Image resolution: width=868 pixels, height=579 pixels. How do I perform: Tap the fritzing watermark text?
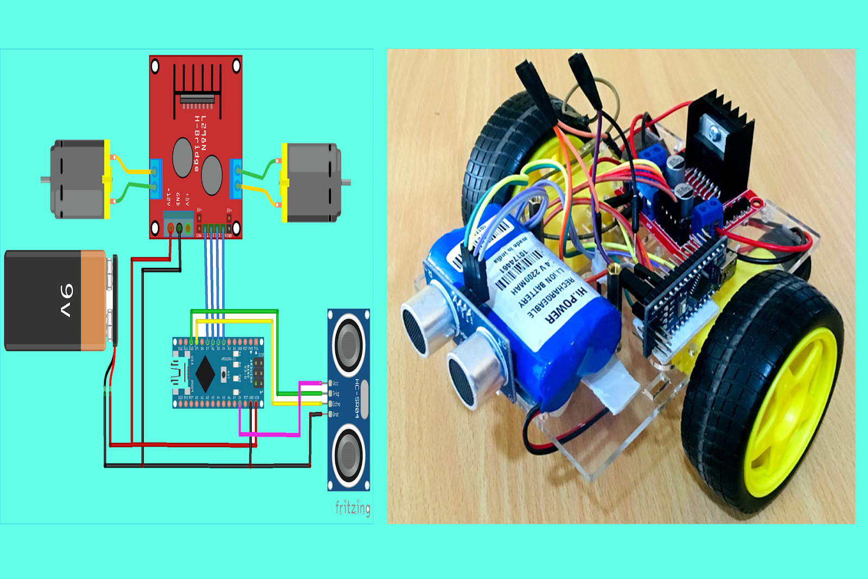pyautogui.click(x=353, y=508)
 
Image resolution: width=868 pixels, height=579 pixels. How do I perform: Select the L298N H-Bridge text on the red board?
pyautogui.click(x=200, y=144)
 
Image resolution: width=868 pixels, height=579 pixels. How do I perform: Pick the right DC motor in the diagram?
pyautogui.click(x=312, y=183)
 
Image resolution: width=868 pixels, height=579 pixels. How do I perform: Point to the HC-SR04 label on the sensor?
pyautogui.click(x=357, y=398)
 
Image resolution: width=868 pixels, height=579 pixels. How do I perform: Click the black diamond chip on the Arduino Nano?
pyautogui.click(x=205, y=373)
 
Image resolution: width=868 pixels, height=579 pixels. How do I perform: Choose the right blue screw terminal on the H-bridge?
pyautogui.click(x=235, y=179)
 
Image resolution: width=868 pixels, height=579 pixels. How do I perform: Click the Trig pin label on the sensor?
pyautogui.click(x=336, y=394)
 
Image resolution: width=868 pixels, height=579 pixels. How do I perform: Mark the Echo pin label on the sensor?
pyautogui.click(x=336, y=404)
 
